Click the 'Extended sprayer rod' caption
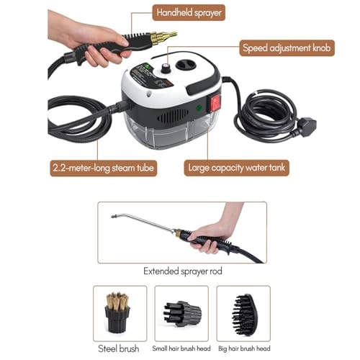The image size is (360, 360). (182, 272)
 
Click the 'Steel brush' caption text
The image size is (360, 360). (120, 349)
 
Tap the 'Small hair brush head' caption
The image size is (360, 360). (181, 348)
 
